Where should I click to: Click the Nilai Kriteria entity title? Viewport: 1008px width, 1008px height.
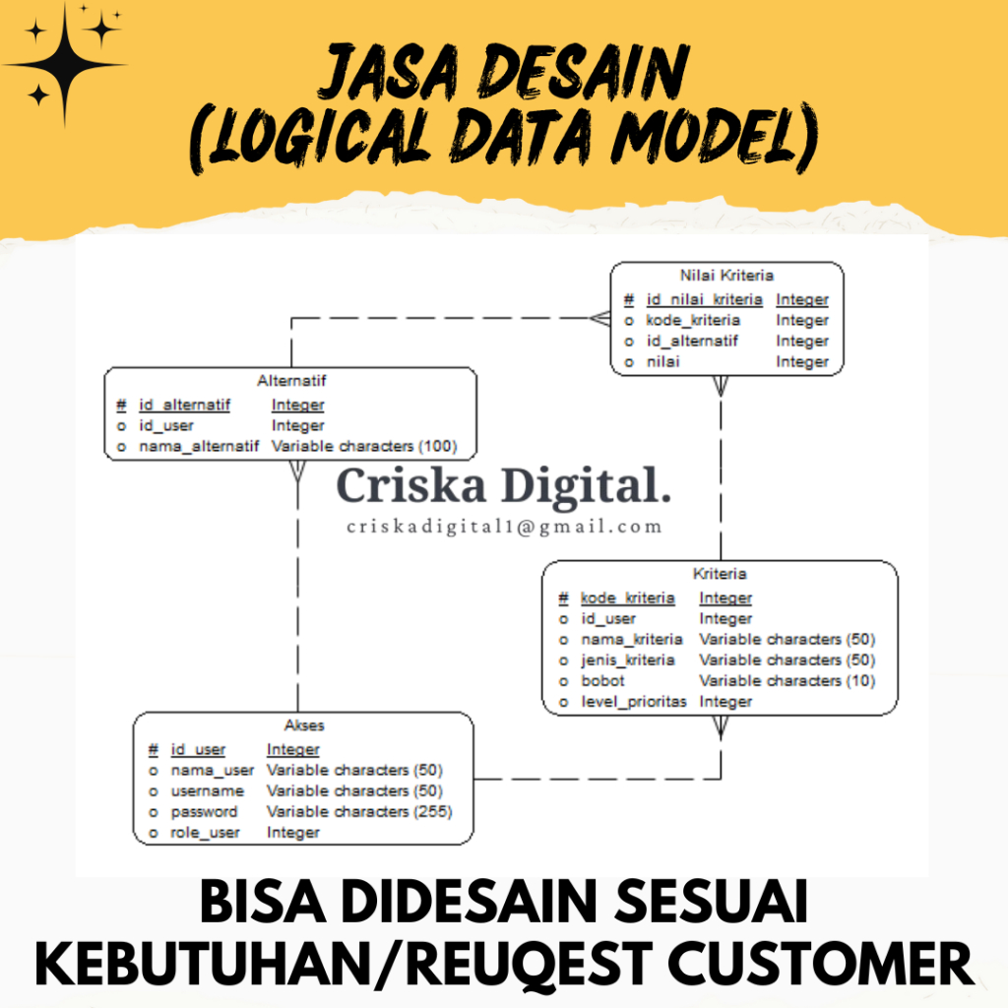coord(726,276)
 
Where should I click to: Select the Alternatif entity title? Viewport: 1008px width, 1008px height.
coord(290,381)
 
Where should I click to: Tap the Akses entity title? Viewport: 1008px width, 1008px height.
coord(303,725)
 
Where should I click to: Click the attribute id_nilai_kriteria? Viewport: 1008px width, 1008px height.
coord(704,299)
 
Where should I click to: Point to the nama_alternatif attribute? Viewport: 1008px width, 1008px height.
coord(199,446)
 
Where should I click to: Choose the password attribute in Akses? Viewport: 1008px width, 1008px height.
coord(205,812)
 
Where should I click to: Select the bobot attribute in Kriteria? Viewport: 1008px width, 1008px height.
coord(602,681)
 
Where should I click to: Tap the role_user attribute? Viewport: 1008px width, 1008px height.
coord(206,833)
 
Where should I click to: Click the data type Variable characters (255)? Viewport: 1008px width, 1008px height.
coord(359,812)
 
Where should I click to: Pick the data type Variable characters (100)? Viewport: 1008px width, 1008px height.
coord(364,446)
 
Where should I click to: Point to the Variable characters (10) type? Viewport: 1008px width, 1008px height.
coord(787,681)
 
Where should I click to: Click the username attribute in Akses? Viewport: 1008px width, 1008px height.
coord(208,790)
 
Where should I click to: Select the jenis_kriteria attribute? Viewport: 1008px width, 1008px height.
coord(627,660)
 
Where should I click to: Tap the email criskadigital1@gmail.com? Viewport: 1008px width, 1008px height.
coord(504,527)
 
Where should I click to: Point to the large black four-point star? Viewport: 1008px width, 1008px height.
coord(65,65)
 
